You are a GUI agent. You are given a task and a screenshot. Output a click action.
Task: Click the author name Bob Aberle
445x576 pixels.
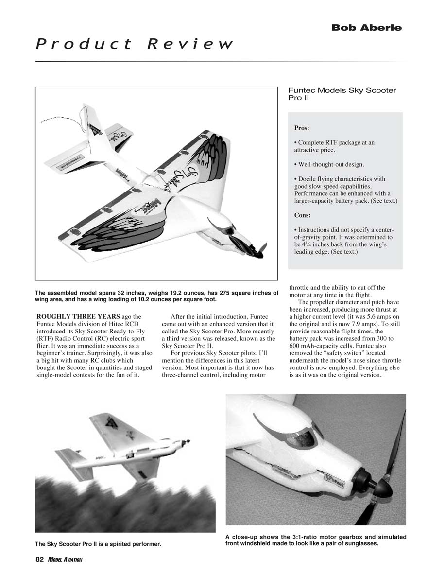coord(366,28)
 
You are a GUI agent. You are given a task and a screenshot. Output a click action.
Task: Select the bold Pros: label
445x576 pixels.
coord(302,129)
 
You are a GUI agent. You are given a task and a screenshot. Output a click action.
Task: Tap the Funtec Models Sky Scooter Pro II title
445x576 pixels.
coord(342,94)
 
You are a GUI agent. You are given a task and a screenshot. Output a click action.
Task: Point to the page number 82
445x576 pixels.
coord(40,560)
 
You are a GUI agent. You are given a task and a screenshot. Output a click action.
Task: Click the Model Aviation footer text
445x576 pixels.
coord(65,560)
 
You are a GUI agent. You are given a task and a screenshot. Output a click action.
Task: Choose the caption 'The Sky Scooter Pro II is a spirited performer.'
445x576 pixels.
coord(98,543)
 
